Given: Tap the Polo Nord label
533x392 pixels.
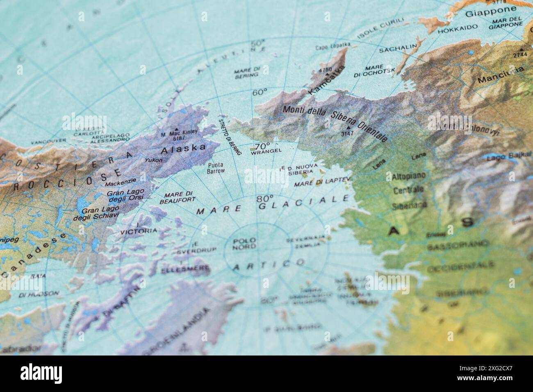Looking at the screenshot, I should tap(244, 243).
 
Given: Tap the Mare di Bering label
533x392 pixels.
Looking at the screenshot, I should tap(247, 73).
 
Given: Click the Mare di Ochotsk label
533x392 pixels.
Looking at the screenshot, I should tap(374, 70).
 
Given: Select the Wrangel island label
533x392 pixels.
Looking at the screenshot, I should tap(266, 151).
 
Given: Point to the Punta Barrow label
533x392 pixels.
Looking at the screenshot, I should tap(216, 168).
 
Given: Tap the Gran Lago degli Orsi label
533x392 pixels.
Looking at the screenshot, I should tap(125, 195).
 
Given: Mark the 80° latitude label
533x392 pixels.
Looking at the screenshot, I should tap(264, 198).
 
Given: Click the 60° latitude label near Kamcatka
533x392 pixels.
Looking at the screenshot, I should tap(260, 92).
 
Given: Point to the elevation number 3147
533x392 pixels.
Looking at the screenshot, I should tap(347, 134).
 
